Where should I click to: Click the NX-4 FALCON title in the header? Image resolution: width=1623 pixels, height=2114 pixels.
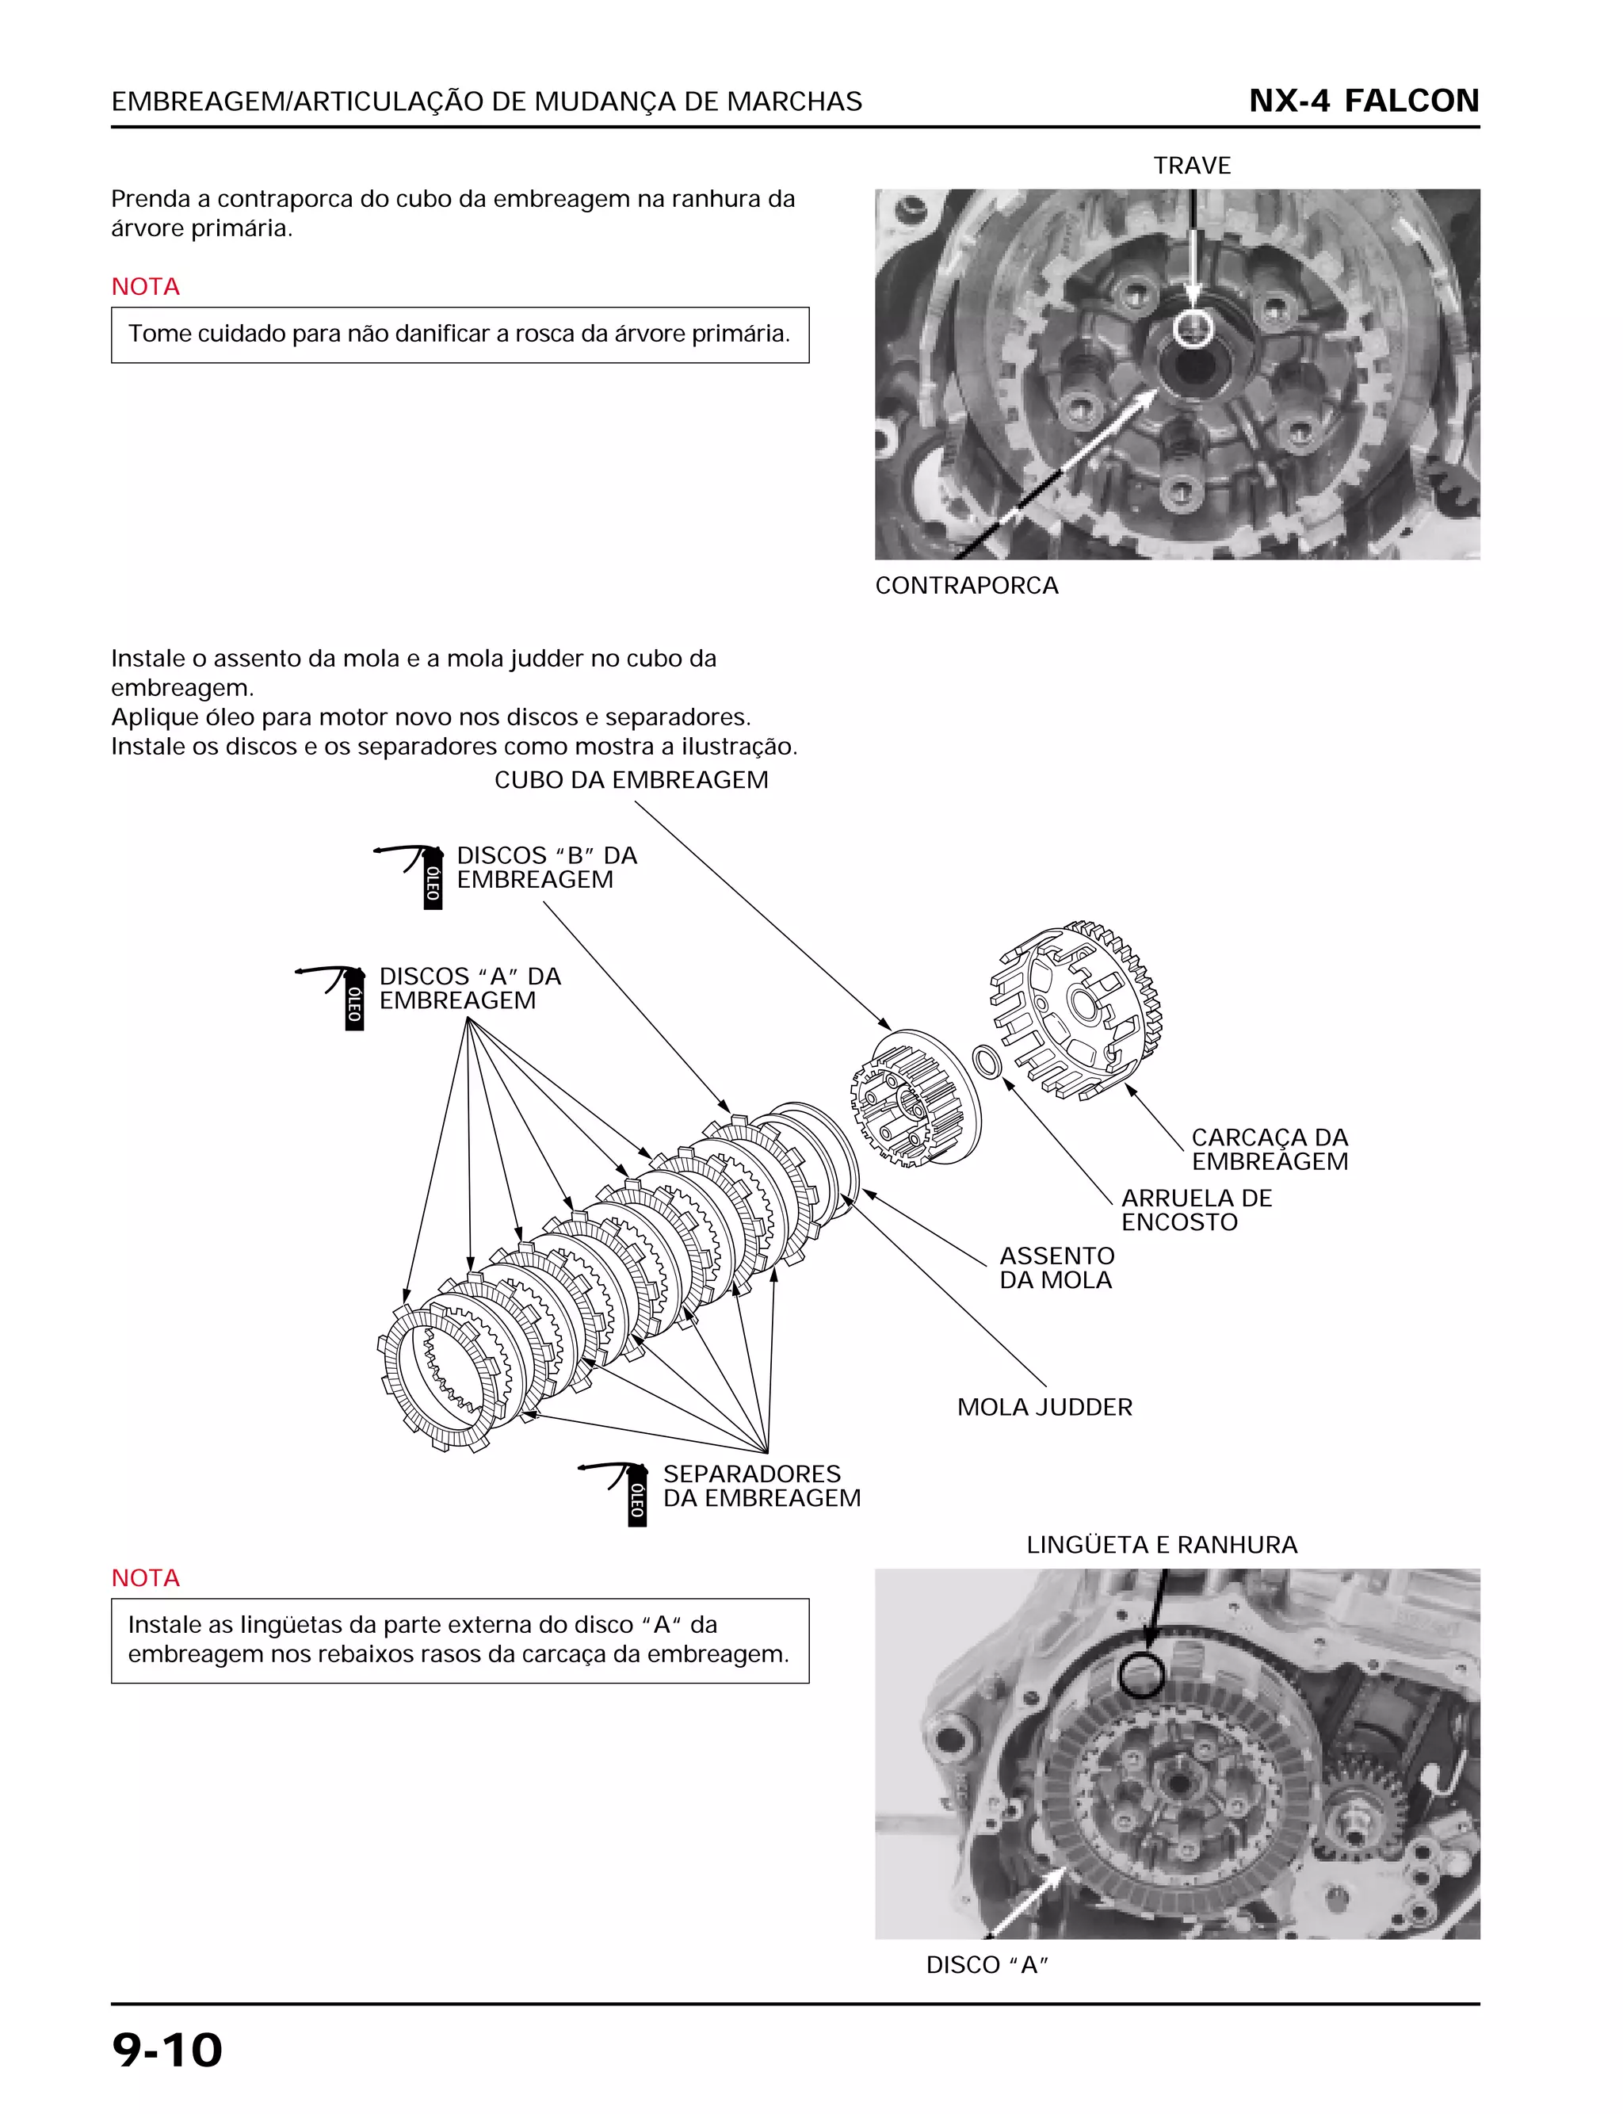click(x=1363, y=101)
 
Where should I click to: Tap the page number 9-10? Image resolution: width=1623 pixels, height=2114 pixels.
click(x=167, y=2051)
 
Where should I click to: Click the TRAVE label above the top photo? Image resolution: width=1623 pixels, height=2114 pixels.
click(x=1191, y=166)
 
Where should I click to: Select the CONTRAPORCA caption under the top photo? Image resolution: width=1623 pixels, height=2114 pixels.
click(x=966, y=586)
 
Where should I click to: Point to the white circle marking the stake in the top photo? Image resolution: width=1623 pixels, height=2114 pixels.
click(x=1194, y=328)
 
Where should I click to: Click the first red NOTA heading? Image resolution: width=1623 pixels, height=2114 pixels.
click(x=145, y=287)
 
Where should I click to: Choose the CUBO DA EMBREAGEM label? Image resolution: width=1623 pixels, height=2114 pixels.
click(x=631, y=780)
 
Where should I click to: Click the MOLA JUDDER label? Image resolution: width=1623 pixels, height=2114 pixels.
click(x=1044, y=1407)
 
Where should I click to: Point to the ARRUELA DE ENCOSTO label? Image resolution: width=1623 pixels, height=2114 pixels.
click(x=1196, y=1210)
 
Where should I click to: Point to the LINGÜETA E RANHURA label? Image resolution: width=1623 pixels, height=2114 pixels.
click(x=1161, y=1545)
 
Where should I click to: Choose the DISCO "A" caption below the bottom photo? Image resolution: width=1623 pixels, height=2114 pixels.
click(x=987, y=1965)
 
